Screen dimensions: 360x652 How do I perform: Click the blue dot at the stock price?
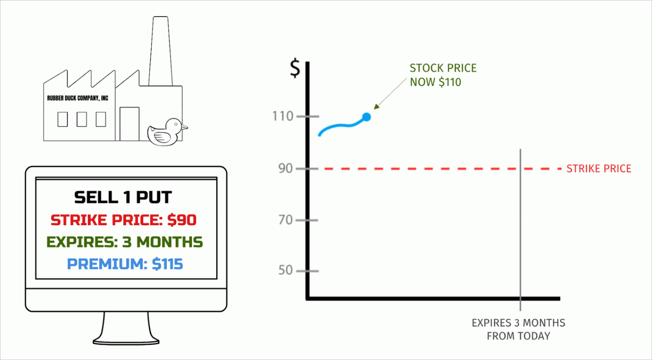point(366,117)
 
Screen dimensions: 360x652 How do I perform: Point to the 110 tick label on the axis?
point(283,116)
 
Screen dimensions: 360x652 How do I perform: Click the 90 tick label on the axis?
point(285,169)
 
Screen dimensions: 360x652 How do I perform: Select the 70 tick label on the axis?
point(285,220)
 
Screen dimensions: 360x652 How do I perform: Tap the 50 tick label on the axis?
point(285,270)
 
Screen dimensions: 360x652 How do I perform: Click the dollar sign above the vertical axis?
point(295,68)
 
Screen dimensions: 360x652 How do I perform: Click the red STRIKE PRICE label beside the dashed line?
point(599,169)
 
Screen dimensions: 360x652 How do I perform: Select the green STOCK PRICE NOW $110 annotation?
point(442,75)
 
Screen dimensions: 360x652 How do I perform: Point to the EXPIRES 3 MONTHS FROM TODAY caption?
point(518,329)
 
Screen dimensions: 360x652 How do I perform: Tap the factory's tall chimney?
point(160,51)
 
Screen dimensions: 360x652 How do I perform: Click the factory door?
point(129,124)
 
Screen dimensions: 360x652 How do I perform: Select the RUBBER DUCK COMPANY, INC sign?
point(78,98)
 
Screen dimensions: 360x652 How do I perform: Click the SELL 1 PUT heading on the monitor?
point(123,197)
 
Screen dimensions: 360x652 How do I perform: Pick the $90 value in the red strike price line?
point(182,220)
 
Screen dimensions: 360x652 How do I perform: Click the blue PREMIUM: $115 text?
point(125,264)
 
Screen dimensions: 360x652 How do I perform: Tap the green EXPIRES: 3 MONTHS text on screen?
point(125,242)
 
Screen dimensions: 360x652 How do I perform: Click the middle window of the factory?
point(81,119)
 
